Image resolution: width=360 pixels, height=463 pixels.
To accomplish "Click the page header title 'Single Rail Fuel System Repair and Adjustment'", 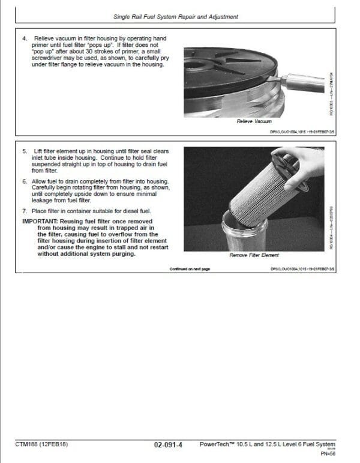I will (x=172, y=17).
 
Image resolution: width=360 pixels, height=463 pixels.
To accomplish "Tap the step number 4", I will (x=24, y=38).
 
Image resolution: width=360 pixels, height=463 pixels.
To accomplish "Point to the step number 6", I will (x=24, y=180).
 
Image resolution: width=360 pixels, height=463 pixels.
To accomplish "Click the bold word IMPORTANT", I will (x=41, y=220).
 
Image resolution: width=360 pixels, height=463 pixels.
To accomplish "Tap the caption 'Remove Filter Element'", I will (x=254, y=255).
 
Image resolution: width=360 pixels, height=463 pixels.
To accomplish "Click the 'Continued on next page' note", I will (x=190, y=269).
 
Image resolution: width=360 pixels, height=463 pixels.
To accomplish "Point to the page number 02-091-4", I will (x=168, y=445).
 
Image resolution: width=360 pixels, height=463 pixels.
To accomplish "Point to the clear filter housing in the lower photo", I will (x=243, y=231).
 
